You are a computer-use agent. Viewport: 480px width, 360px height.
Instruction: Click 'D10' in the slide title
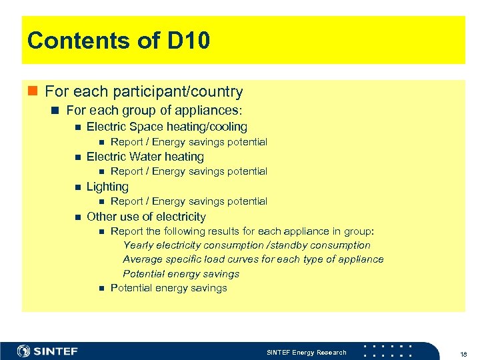pyautogui.click(x=189, y=41)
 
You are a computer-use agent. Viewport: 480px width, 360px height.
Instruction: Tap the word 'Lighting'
pyautogui.click(x=107, y=187)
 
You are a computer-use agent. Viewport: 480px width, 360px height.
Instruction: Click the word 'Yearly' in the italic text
pyautogui.click(x=139, y=245)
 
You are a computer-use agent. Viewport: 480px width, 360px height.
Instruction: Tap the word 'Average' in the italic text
pyautogui.click(x=143, y=259)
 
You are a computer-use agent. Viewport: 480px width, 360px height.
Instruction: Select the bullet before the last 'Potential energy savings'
pyautogui.click(x=101, y=289)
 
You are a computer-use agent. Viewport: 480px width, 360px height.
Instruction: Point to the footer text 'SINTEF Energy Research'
pyautogui.click(x=306, y=352)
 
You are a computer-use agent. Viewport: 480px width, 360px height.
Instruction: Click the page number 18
pyautogui.click(x=463, y=353)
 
